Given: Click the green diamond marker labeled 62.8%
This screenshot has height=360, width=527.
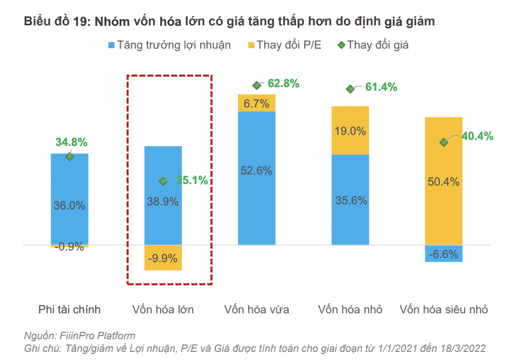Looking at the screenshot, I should [256, 85].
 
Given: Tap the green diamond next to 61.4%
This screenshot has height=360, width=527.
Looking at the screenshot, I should [350, 89].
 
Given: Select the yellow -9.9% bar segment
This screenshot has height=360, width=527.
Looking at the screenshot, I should [163, 258].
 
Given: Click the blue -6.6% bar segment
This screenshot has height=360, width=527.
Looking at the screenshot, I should [443, 254].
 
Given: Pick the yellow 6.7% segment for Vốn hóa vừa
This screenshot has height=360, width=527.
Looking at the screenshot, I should [256, 103].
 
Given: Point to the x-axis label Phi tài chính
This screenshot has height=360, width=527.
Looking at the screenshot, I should [69, 309].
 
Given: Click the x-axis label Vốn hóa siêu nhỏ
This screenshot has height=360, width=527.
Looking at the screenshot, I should [443, 309].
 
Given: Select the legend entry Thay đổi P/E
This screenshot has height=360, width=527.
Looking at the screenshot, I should [284, 45].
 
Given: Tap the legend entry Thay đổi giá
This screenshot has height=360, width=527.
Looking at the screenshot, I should [373, 45].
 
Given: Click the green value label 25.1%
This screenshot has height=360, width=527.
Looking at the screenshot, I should [192, 180].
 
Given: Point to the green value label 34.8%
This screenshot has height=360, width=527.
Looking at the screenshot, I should [71, 142].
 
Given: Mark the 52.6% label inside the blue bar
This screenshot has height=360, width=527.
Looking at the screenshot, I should [256, 171].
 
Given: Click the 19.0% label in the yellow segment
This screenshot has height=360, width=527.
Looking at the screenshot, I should [350, 131].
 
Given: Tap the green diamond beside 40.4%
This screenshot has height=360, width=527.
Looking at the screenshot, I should [443, 142].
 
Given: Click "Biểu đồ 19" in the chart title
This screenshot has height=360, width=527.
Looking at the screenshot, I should [53, 22].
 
